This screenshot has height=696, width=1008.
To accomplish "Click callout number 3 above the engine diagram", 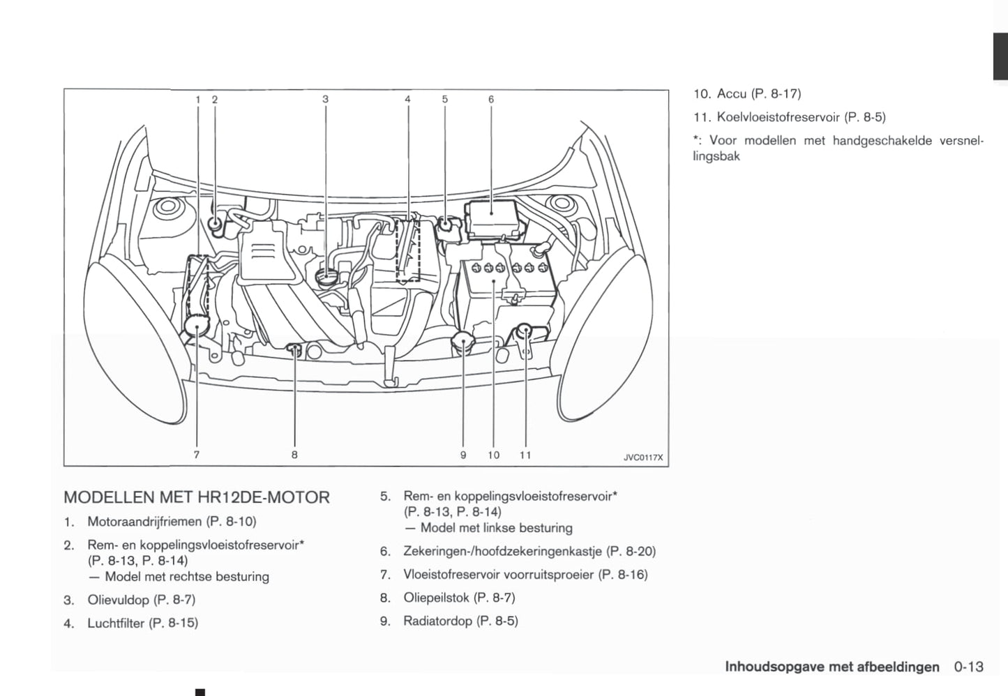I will click(325, 99).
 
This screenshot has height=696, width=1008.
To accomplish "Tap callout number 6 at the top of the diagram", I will click(491, 99).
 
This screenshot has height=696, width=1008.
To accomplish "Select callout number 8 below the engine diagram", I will click(294, 455).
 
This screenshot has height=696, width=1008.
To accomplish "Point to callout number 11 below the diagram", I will click(525, 455).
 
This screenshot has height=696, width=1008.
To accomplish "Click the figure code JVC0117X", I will click(642, 458).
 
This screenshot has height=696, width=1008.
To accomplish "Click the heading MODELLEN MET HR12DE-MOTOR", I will click(196, 497).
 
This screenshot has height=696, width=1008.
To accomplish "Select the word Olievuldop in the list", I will click(118, 600).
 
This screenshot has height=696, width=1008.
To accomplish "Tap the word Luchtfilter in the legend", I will click(116, 623).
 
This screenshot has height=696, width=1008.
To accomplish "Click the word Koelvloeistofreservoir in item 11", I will click(778, 117).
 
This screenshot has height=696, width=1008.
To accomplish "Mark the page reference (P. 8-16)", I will click(623, 575).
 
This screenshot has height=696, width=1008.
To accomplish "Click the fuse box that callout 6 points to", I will click(491, 212).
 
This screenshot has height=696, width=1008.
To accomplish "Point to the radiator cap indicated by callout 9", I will click(462, 342).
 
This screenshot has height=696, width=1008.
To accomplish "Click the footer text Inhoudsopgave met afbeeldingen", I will click(832, 667).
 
